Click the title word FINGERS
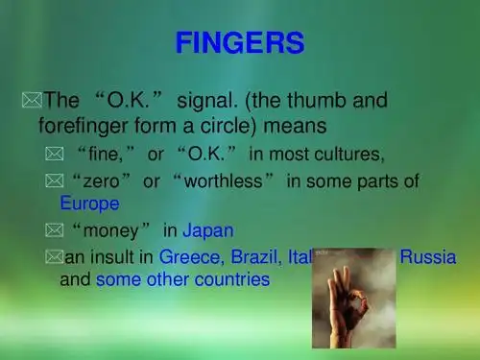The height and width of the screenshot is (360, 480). click(x=240, y=43)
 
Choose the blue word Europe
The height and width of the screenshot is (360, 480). click(x=89, y=204)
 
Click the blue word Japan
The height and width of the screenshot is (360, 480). click(x=208, y=230)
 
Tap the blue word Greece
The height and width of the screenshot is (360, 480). click(x=191, y=257)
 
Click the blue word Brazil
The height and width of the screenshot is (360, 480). click(x=252, y=257)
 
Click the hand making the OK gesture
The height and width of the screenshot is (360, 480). click(x=350, y=298)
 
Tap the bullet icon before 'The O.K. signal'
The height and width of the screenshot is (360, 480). click(x=31, y=98)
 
